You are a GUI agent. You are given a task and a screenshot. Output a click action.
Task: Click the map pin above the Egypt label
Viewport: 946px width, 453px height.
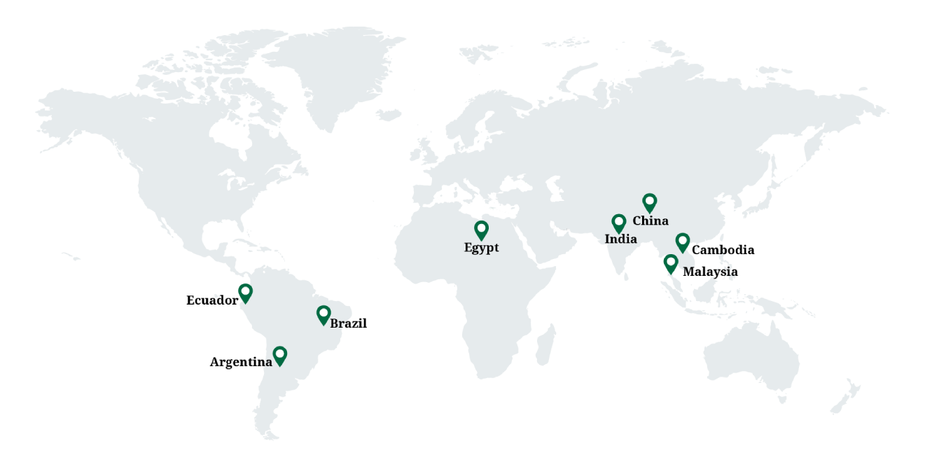481,230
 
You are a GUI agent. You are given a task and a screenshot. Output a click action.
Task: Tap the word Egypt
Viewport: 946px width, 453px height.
481,247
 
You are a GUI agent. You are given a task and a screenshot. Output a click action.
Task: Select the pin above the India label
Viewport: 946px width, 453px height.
618,223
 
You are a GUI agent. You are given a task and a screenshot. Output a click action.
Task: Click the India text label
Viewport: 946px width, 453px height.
620,239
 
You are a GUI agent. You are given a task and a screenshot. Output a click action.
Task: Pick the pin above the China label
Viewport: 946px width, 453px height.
650,202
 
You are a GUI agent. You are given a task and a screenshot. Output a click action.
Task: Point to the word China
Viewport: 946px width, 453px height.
651,221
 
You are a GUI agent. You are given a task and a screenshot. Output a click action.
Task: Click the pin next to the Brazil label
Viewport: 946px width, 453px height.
323,314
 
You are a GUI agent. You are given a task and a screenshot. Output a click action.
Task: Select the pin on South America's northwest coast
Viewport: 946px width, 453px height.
245,292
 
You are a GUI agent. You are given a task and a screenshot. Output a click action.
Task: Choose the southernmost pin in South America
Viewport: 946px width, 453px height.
279,355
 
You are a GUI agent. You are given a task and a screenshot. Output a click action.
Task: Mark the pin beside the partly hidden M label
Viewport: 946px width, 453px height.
671,263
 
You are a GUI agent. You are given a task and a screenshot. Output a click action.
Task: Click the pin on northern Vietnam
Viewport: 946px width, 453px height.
682,242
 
